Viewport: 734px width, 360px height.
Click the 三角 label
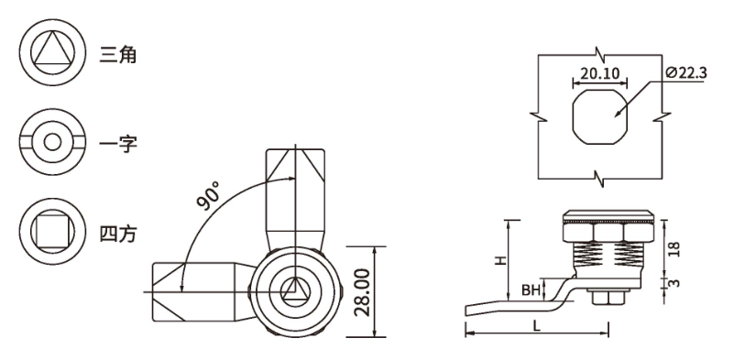coord(117,55)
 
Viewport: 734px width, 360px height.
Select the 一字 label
coord(117,143)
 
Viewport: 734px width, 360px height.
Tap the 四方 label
coord(117,233)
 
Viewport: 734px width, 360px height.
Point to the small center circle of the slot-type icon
coord(52,142)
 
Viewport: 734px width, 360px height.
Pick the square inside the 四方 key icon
coord(52,231)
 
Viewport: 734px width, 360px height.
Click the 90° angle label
coord(208,196)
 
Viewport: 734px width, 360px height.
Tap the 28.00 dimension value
coord(362,292)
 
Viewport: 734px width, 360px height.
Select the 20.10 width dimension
coord(599,73)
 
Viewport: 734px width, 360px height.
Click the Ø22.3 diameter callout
coord(685,72)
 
